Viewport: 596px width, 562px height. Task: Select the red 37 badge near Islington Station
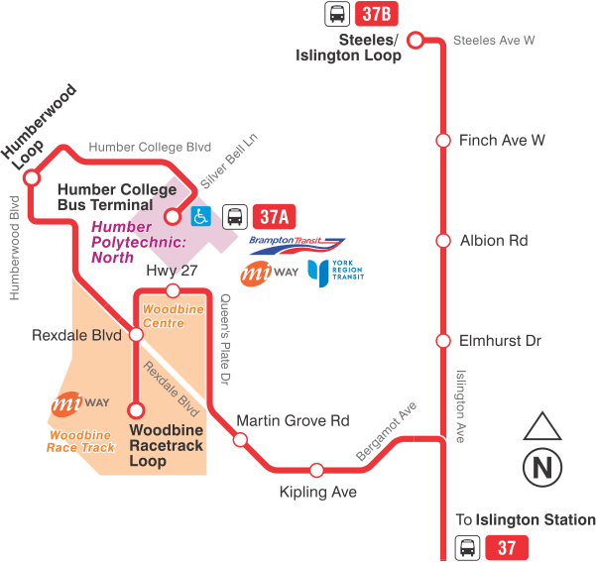click(x=507, y=547)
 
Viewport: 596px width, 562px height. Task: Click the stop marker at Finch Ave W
click(x=442, y=141)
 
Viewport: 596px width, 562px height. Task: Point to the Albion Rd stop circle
click(x=442, y=241)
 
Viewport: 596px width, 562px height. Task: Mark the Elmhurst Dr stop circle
click(x=442, y=341)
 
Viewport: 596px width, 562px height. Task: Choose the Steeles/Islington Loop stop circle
click(x=417, y=41)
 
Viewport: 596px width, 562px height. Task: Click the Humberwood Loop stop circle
click(x=32, y=178)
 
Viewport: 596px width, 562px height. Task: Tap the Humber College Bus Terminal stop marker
click(x=172, y=216)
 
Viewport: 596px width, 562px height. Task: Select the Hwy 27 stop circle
click(x=173, y=290)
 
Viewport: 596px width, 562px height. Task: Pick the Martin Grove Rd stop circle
click(x=240, y=439)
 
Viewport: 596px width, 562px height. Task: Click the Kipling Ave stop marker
click(x=316, y=470)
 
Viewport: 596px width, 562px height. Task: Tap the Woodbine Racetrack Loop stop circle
click(x=136, y=408)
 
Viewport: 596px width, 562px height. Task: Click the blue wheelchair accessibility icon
click(x=200, y=216)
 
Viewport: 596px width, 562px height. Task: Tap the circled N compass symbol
click(x=542, y=466)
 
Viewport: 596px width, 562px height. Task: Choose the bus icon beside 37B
click(x=337, y=14)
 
